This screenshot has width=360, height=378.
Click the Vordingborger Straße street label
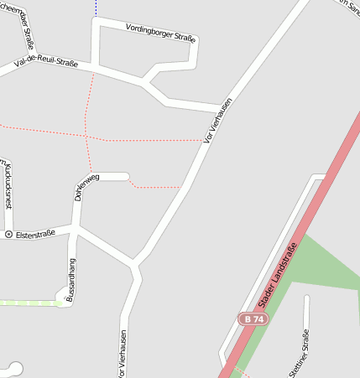point(160,33)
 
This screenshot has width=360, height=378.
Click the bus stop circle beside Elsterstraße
point(8,234)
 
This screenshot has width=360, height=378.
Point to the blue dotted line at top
point(97,8)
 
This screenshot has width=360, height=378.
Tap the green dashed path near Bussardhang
point(29,303)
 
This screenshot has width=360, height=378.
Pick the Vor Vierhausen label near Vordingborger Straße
point(217,122)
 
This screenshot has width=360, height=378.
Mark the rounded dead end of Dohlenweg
point(126,176)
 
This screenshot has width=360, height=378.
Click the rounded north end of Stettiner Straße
point(307,298)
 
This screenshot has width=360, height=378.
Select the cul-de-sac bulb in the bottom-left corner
point(14,367)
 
